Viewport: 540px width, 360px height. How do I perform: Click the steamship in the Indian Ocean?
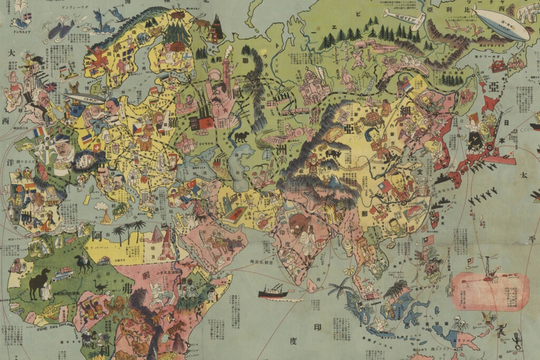[x=273, y=291]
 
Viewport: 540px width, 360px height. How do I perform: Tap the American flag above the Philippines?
[x=428, y=240]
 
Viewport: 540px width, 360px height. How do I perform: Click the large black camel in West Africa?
[x=39, y=282]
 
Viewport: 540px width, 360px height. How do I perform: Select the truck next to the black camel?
[x=62, y=274]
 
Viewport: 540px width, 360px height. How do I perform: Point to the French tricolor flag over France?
[x=39, y=132]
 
